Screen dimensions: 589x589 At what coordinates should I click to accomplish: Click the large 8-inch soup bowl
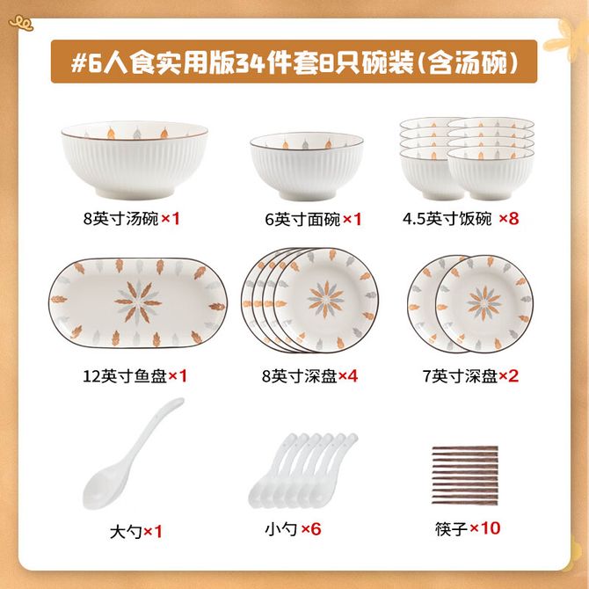coord(135,160)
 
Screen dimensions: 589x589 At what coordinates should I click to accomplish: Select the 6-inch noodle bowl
coord(307,166)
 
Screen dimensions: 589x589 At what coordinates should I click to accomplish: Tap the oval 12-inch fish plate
coord(138,302)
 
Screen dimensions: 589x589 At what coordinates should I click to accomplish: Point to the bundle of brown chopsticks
coord(465,475)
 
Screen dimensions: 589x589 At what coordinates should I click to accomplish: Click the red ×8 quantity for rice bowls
coord(509,218)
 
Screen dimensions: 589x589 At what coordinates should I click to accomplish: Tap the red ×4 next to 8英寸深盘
coord(348,375)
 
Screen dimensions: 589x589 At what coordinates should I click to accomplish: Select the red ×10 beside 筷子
coord(485,528)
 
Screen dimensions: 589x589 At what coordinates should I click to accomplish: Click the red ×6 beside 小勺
coord(311,529)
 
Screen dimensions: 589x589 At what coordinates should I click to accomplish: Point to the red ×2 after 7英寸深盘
coord(508,375)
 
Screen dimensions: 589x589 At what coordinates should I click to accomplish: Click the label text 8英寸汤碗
coord(121,218)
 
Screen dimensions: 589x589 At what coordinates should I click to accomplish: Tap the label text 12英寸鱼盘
coord(125,375)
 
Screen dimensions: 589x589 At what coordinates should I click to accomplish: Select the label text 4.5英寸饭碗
coord(447,218)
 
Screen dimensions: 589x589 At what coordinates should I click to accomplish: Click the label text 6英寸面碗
coord(302,219)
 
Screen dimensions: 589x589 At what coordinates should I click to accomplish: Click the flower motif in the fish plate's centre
coord(138,302)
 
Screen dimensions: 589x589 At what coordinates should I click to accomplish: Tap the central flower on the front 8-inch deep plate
coord(325,300)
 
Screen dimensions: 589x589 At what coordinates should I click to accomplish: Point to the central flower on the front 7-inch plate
coord(484,303)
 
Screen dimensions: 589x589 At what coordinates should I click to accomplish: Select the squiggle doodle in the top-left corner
coord(21,23)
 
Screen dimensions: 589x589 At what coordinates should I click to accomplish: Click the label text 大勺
coord(126,532)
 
